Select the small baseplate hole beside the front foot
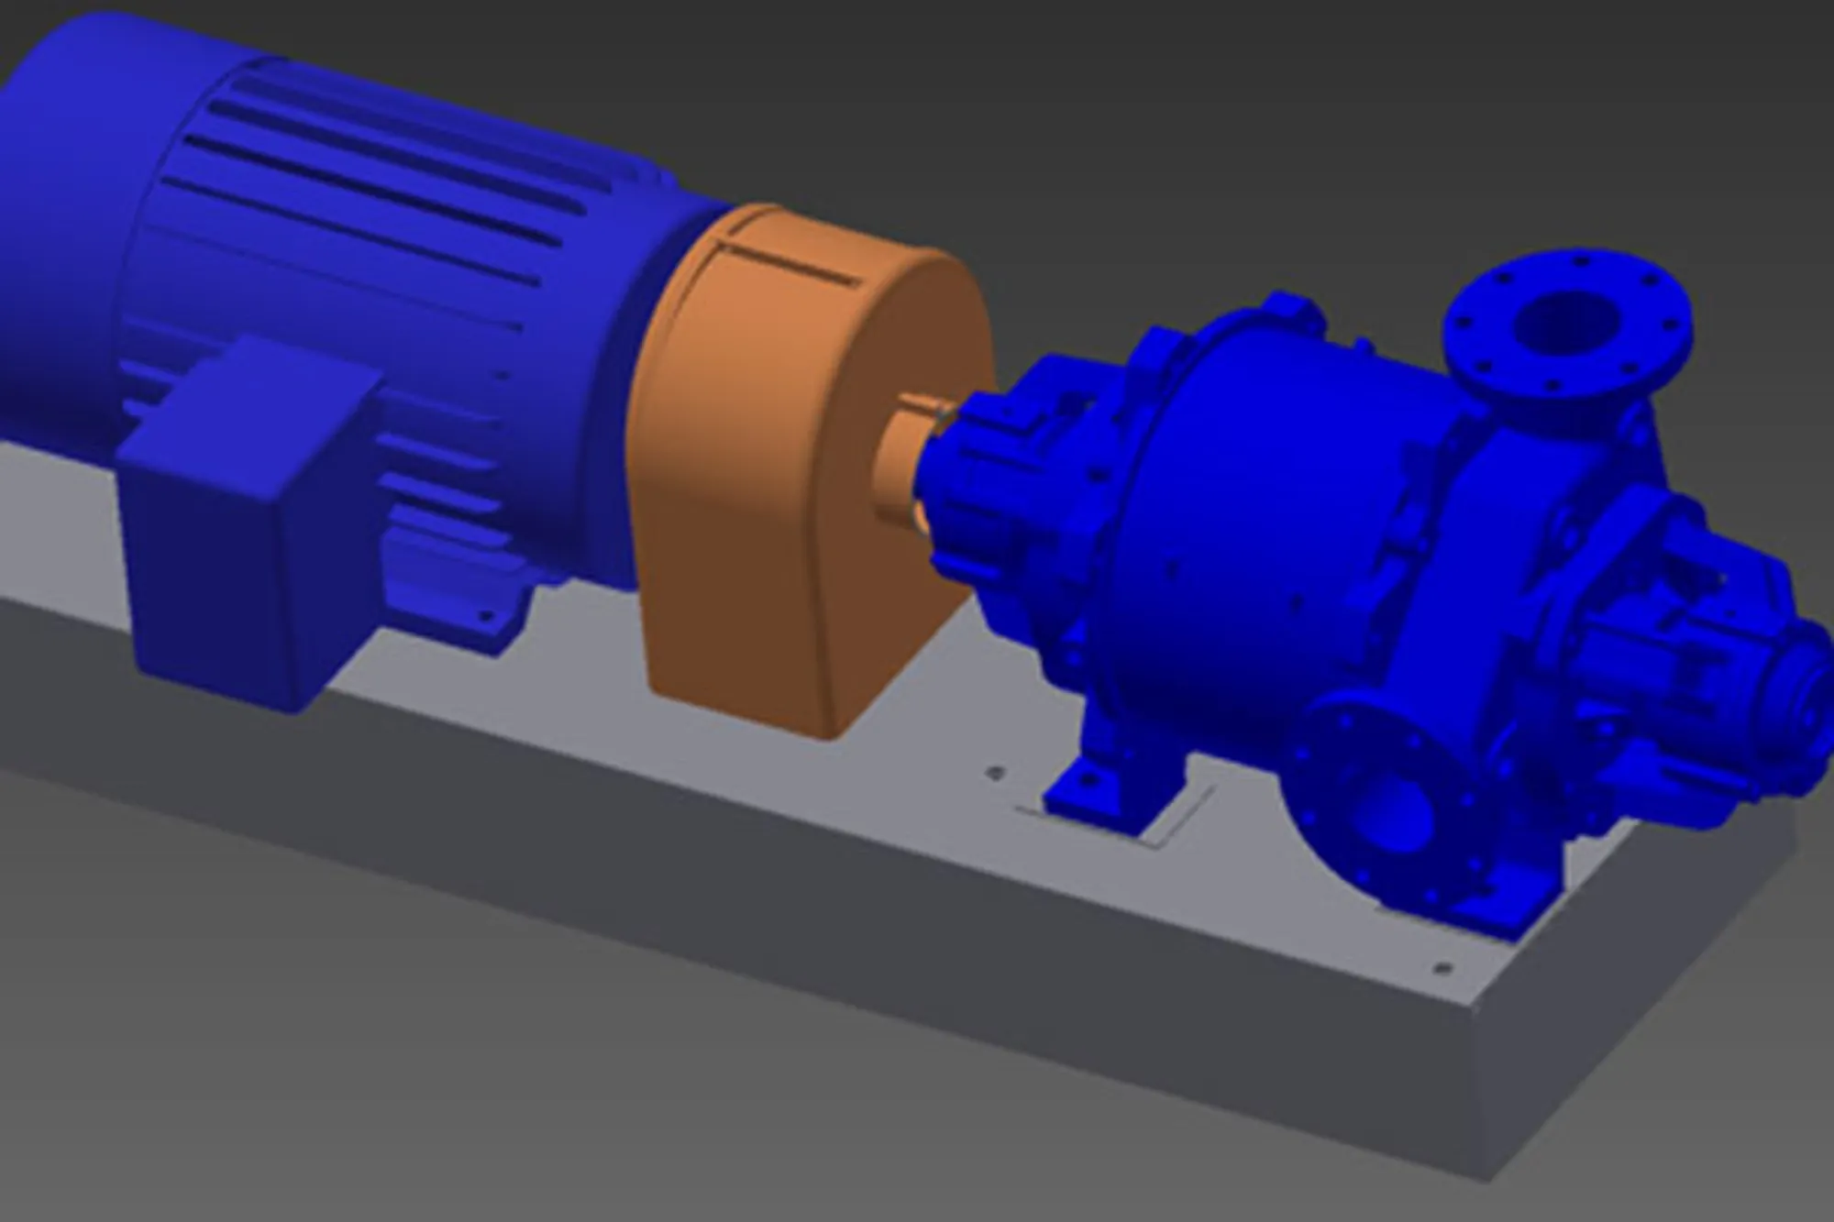pyautogui.click(x=992, y=773)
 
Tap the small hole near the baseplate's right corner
pyautogui.click(x=1442, y=968)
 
